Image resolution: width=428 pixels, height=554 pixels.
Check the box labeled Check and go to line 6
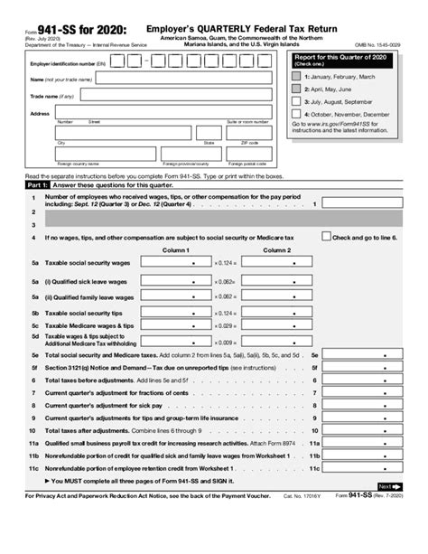pos(326,237)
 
